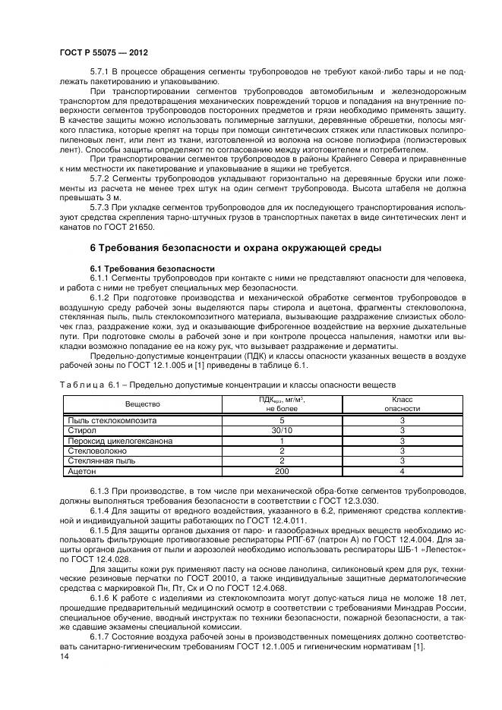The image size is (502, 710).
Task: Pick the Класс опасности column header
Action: [401, 404]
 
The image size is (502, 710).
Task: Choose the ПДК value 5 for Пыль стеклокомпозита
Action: [282, 419]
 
